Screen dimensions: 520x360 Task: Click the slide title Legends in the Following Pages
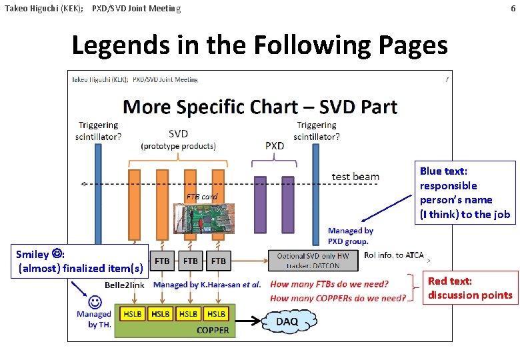coord(259,45)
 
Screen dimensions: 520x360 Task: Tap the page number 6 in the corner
coord(513,9)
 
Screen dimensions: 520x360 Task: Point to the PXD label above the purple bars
coord(275,145)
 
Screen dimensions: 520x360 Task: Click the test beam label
coord(355,177)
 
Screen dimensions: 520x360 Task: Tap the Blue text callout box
coord(465,193)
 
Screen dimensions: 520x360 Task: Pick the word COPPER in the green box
coord(213,330)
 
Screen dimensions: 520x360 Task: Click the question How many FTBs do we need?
coord(329,285)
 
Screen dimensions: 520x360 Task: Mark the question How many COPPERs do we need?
coord(338,298)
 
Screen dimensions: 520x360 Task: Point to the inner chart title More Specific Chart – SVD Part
coord(260,107)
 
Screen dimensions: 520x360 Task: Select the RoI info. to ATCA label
coord(393,255)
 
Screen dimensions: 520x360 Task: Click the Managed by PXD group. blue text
coord(350,236)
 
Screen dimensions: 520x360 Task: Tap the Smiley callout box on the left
coord(79,261)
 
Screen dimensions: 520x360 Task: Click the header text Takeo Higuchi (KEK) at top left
coord(43,9)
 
